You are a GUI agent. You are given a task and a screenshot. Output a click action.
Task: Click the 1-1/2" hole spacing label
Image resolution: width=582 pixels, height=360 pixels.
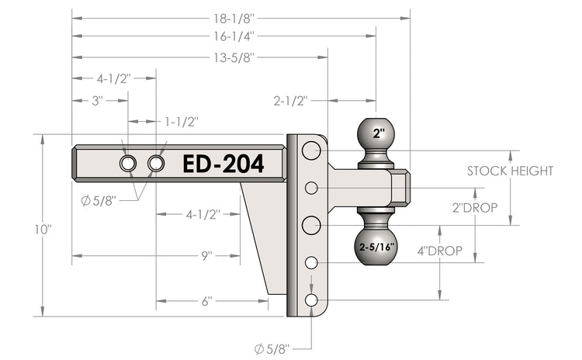181,122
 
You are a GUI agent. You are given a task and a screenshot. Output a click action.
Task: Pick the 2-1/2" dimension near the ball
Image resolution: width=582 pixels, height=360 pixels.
291,100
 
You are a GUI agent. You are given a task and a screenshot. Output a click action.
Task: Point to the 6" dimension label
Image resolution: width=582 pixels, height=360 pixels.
207,300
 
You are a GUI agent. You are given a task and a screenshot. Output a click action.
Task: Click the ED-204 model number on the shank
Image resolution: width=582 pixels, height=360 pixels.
223,164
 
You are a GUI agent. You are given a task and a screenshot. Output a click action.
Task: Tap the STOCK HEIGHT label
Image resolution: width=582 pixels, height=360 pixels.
510,171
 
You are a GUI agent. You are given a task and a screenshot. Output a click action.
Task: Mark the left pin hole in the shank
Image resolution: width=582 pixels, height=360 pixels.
127,163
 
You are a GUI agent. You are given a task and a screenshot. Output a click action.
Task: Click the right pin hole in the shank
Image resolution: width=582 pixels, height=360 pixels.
156,163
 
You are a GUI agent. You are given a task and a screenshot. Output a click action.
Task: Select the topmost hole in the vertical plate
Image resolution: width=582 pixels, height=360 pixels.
311,150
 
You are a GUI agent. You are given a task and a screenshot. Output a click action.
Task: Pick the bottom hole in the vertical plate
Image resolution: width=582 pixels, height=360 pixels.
311,300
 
